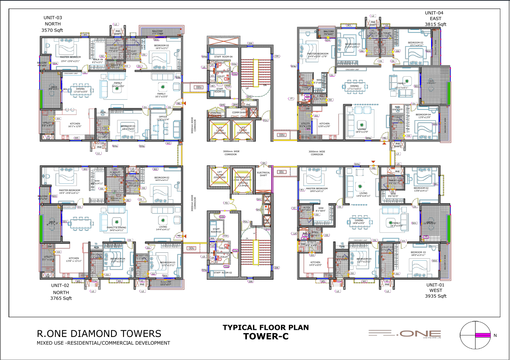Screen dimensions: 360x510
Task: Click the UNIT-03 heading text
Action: coord(53,17)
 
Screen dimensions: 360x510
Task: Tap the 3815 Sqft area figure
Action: coord(436,24)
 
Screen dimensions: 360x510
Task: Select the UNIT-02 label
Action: coord(60,285)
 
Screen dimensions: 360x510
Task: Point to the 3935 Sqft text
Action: coord(436,296)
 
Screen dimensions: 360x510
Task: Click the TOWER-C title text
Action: coord(266,337)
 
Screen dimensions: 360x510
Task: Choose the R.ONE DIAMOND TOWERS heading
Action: coord(99,334)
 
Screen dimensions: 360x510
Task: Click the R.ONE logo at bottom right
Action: coord(405,334)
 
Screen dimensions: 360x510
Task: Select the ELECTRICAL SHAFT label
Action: coord(264,174)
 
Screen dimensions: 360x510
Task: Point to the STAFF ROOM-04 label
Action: coord(223,57)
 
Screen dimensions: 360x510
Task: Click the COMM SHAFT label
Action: coord(239,112)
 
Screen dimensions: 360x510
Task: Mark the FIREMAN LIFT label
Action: coord(243,177)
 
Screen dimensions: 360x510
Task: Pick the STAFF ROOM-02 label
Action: coord(223,273)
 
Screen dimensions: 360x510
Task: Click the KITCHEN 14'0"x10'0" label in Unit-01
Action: coord(315,263)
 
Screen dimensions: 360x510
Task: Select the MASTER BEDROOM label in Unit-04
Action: coord(318,55)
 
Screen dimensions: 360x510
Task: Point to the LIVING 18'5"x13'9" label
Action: coord(362,130)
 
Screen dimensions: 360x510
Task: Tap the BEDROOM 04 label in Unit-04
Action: coord(423,116)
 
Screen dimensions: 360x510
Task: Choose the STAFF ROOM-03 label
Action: coord(216,230)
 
